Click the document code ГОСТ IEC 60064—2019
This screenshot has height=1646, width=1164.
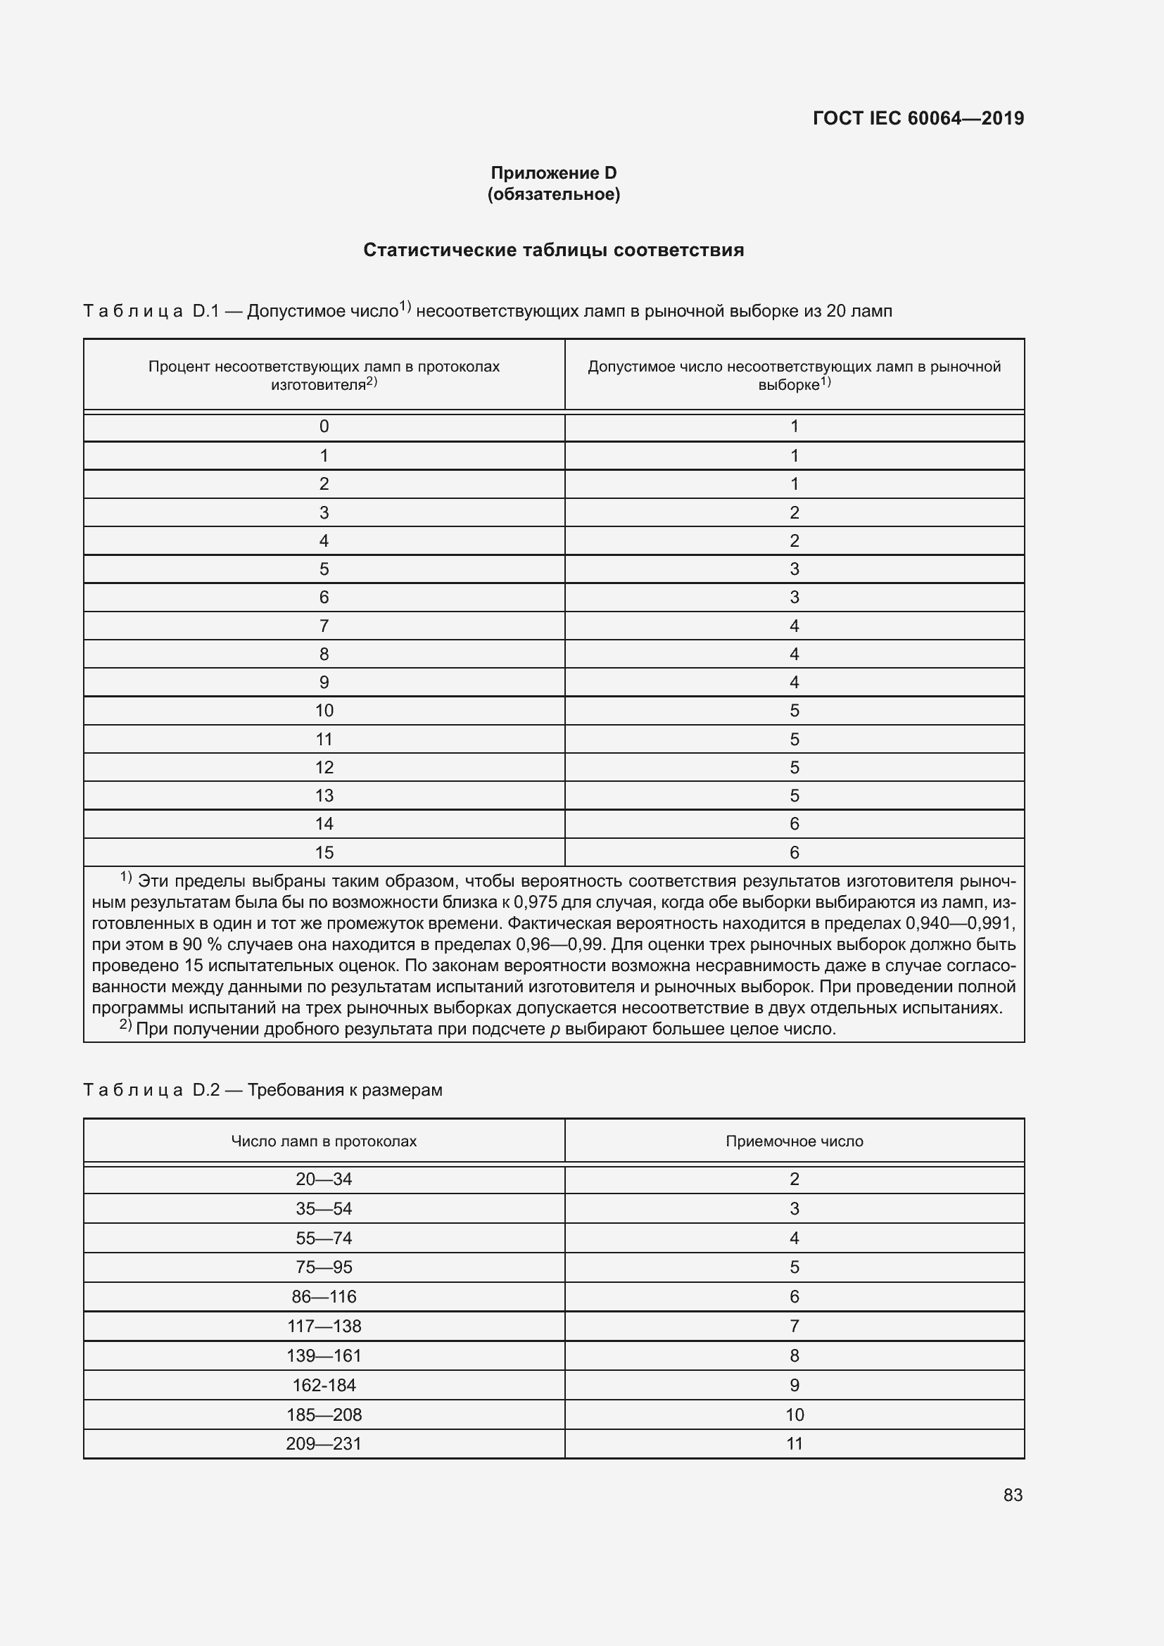(x=918, y=118)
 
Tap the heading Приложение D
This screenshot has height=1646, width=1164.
(x=553, y=173)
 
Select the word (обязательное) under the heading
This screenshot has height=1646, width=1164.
(x=553, y=194)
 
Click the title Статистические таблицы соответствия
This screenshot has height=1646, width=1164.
(x=553, y=251)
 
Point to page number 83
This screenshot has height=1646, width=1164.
(x=1013, y=1495)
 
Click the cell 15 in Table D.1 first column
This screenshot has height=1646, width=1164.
(x=324, y=852)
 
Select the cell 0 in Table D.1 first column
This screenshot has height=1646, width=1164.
(x=324, y=426)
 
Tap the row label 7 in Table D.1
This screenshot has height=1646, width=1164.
(x=324, y=626)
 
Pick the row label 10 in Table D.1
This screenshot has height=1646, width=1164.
(x=324, y=711)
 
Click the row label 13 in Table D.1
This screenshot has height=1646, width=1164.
(x=324, y=796)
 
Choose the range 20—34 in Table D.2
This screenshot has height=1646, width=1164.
(x=324, y=1179)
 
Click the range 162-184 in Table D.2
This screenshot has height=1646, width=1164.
(x=324, y=1385)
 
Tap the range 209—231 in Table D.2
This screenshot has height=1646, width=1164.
(x=324, y=1444)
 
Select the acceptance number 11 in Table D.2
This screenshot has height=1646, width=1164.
(x=794, y=1444)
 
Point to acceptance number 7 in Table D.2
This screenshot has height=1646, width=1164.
(x=794, y=1327)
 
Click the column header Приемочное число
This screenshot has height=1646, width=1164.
(x=794, y=1141)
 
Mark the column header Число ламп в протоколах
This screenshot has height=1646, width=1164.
(x=324, y=1141)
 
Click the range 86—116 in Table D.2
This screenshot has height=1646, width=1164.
(x=324, y=1297)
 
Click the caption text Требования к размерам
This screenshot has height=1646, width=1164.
(x=345, y=1090)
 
